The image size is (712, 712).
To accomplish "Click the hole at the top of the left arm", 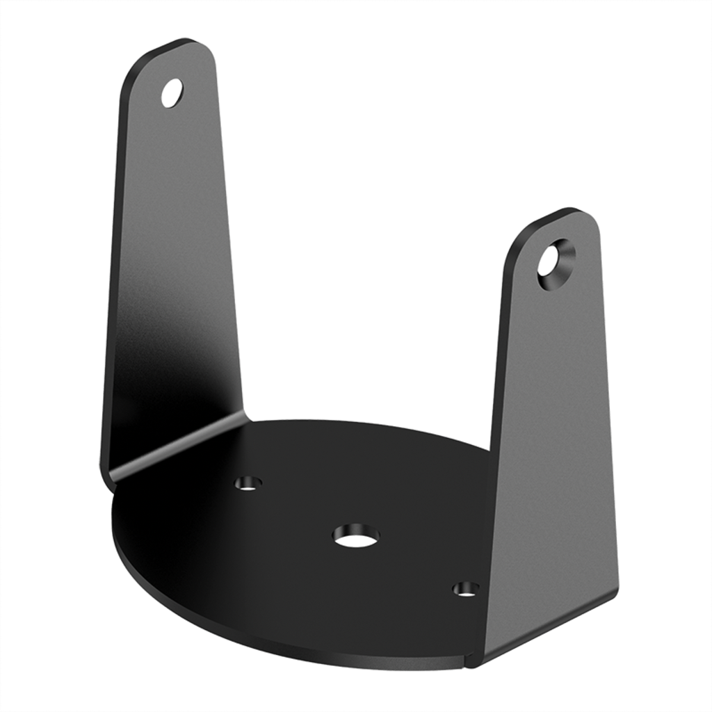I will [172, 92].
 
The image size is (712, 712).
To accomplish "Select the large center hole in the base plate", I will [356, 535].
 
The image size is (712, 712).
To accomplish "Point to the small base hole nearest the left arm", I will [248, 483].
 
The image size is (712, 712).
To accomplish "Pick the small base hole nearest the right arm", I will [465, 590].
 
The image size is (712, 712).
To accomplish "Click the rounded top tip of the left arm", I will [182, 43].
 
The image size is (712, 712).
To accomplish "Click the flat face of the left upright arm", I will [174, 264].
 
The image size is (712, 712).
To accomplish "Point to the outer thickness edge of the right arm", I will [608, 417].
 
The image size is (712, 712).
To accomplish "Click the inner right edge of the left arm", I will [234, 278].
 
